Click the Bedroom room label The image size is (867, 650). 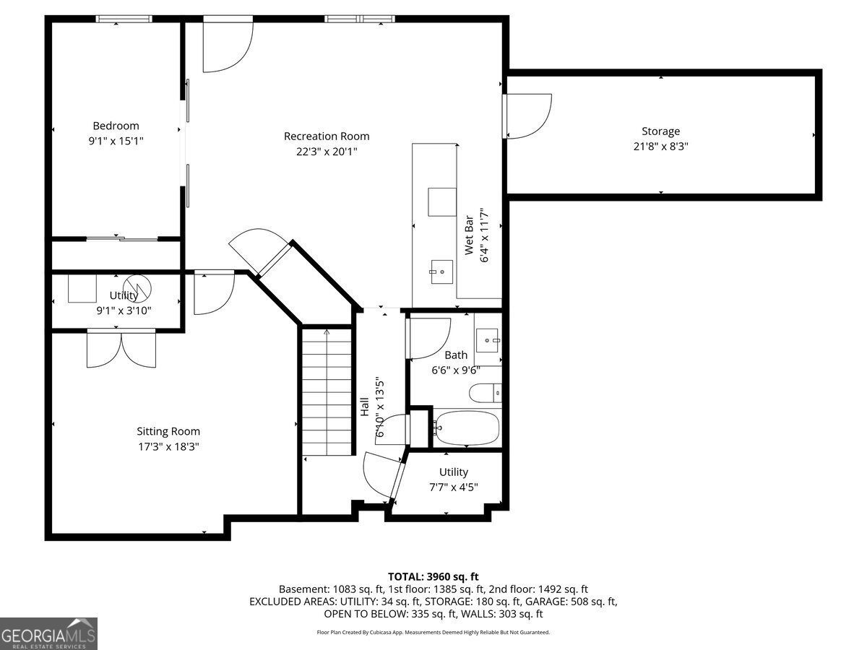pyautogui.click(x=116, y=126)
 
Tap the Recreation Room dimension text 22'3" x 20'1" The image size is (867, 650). pyautogui.click(x=327, y=152)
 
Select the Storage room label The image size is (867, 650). pyautogui.click(x=661, y=131)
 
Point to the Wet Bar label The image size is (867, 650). pyautogui.click(x=468, y=235)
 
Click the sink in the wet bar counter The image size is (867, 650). pyautogui.click(x=441, y=272)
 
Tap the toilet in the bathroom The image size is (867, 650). pyautogui.click(x=486, y=393)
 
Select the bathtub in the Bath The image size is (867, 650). pyautogui.click(x=467, y=428)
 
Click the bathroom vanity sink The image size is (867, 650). pyautogui.click(x=488, y=340)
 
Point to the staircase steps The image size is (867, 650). pyautogui.click(x=327, y=392)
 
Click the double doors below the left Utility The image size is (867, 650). pyautogui.click(x=121, y=350)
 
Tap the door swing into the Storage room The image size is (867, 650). pyautogui.click(x=527, y=116)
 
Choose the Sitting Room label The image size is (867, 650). pyautogui.click(x=168, y=431)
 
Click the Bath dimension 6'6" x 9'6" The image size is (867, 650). pyautogui.click(x=456, y=370)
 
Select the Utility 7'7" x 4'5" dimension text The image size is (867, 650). pyautogui.click(x=454, y=487)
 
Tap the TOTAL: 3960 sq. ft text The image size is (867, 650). pyautogui.click(x=433, y=577)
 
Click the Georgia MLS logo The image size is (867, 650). pyautogui.click(x=48, y=633)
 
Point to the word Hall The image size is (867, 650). pyautogui.click(x=365, y=407)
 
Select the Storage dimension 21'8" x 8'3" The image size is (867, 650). pyautogui.click(x=661, y=147)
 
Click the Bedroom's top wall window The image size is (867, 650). pyautogui.click(x=124, y=19)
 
